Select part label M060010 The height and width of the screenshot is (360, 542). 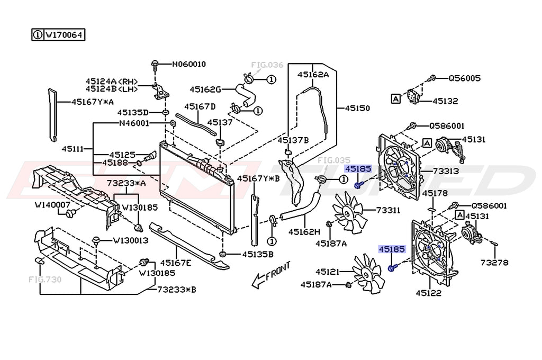tap(188, 64)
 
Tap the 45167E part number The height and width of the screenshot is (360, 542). tap(176, 263)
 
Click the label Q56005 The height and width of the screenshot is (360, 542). tap(464, 78)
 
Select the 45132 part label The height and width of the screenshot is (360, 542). tap(445, 101)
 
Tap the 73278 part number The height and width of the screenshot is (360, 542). tap(494, 262)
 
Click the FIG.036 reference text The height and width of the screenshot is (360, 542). tap(267, 65)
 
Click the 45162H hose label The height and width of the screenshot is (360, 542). tap(304, 231)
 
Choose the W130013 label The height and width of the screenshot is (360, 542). tap(130, 240)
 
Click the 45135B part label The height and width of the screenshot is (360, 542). tap(258, 254)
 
